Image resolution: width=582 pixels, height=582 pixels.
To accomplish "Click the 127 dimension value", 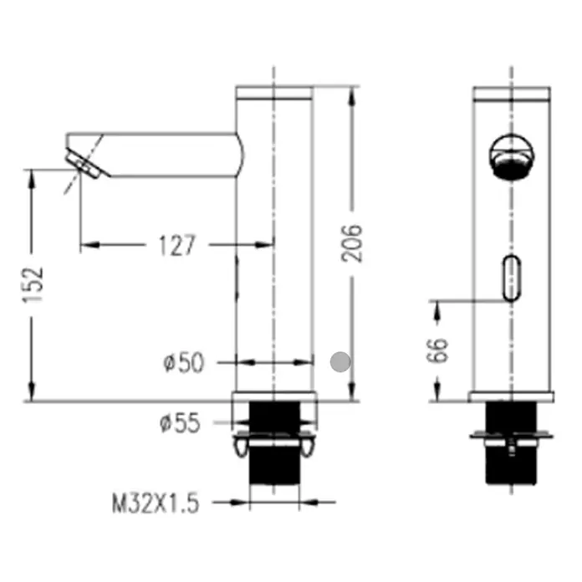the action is tap(176, 245).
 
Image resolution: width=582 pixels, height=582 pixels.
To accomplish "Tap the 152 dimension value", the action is tap(33, 284).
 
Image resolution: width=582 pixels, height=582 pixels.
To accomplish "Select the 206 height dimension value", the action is tap(351, 243).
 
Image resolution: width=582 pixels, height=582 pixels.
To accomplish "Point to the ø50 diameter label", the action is tap(184, 363).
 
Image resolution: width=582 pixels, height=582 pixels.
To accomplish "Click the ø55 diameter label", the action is tap(180, 423).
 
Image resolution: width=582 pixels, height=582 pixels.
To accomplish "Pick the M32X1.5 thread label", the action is tap(156, 503).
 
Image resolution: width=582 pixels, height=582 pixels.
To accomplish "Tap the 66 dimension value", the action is tap(437, 350).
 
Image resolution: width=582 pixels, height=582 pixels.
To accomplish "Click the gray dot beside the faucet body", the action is tap(340, 361).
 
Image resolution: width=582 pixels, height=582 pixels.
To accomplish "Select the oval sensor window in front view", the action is tap(512, 278).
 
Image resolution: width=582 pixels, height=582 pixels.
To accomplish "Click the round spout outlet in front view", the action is tap(512, 156).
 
